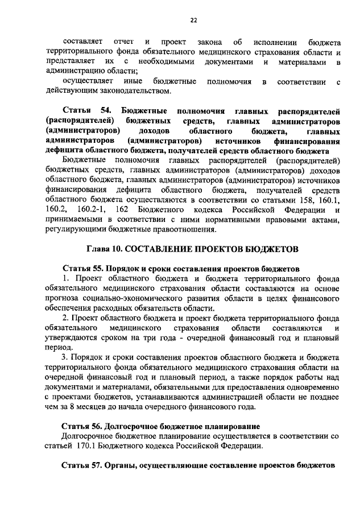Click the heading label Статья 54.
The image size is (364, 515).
84,110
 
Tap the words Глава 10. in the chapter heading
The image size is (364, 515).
104,249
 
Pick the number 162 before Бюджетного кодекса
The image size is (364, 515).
136,211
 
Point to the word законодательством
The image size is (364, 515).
124,91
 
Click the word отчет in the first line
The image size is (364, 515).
123,42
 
